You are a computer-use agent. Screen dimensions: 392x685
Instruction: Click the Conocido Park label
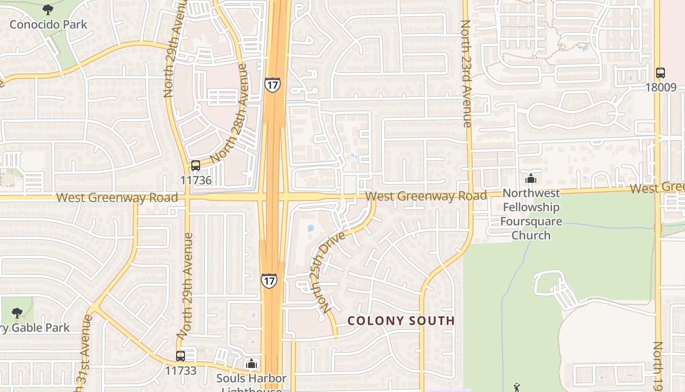(x=48, y=24)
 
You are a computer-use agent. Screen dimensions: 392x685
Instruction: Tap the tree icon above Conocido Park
(x=47, y=9)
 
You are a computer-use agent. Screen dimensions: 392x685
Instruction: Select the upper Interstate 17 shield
(x=272, y=85)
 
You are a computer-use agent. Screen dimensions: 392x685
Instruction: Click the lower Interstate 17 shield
(x=269, y=280)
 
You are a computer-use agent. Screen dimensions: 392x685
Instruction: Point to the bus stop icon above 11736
(x=196, y=166)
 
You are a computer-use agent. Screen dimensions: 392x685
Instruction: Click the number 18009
(x=661, y=88)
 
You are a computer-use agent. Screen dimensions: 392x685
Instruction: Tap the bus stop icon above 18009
(x=661, y=73)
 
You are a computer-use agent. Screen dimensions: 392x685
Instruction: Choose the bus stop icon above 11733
(x=181, y=356)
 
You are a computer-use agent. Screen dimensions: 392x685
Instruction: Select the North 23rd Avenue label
(x=466, y=73)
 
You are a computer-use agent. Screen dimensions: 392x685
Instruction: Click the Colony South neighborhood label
(x=401, y=321)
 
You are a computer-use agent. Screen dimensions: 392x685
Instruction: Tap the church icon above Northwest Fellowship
(x=531, y=179)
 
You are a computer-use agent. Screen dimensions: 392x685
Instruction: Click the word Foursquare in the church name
(x=531, y=221)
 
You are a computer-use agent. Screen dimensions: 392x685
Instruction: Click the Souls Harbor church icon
(x=251, y=364)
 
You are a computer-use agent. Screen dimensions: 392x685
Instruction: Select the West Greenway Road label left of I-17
(x=117, y=198)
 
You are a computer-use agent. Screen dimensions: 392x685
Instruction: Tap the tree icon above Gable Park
(x=17, y=313)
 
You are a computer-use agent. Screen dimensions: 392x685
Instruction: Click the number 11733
(x=181, y=371)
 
